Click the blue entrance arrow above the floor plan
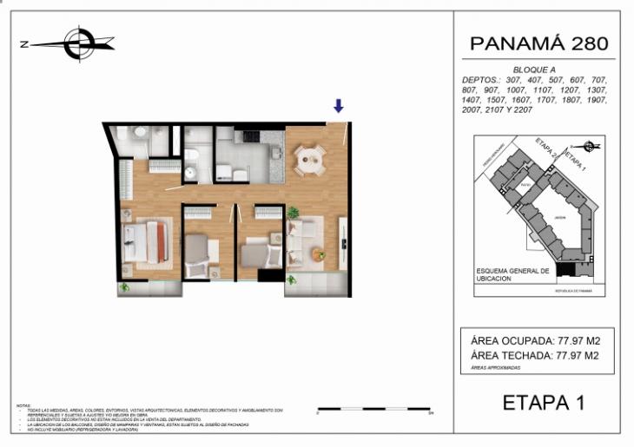(339, 106)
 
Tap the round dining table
(310, 158)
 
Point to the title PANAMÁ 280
(538, 43)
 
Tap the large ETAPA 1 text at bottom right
(544, 402)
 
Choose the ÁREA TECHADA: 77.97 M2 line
(533, 354)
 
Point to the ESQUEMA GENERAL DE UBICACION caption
(513, 274)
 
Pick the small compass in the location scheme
(590, 146)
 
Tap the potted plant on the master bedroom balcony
(126, 287)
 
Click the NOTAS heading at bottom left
(24, 404)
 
